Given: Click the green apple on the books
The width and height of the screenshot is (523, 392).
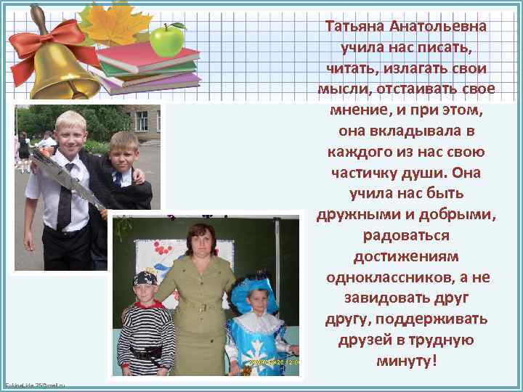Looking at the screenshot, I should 168,40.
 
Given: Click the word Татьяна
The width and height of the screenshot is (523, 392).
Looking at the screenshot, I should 355,27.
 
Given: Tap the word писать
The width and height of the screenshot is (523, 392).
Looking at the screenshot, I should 442,48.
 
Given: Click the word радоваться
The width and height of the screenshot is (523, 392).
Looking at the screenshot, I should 406,237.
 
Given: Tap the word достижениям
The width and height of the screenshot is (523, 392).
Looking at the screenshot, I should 406,258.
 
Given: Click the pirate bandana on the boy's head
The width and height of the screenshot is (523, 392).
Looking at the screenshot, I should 145,279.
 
